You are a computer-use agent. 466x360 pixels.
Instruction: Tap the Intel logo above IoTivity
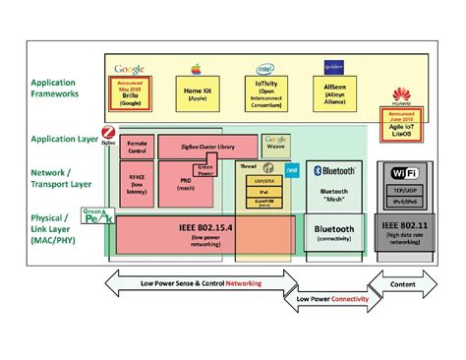[266, 70]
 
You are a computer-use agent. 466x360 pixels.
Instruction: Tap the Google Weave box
[275, 146]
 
